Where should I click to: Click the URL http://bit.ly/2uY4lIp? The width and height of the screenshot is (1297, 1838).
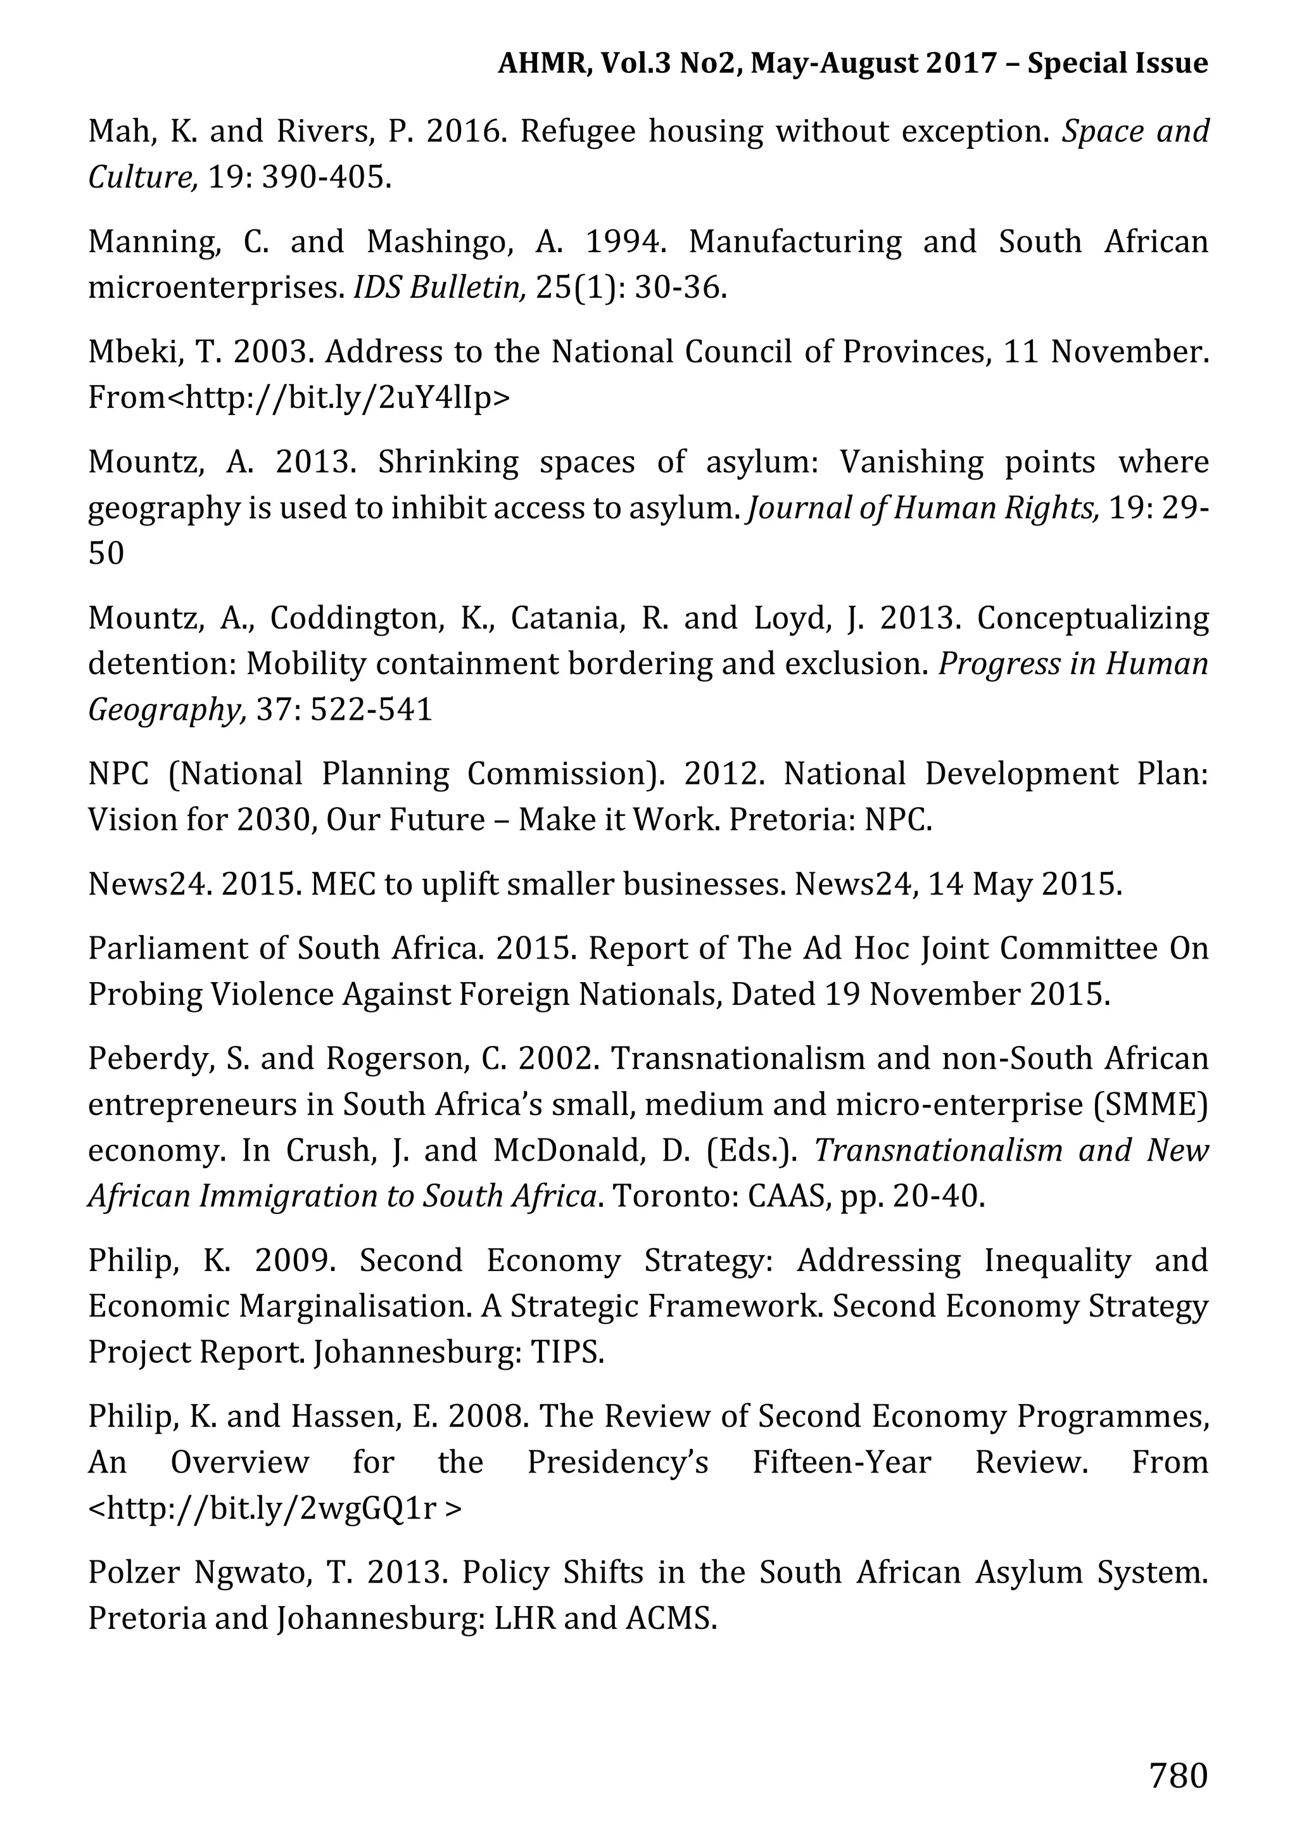338,397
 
